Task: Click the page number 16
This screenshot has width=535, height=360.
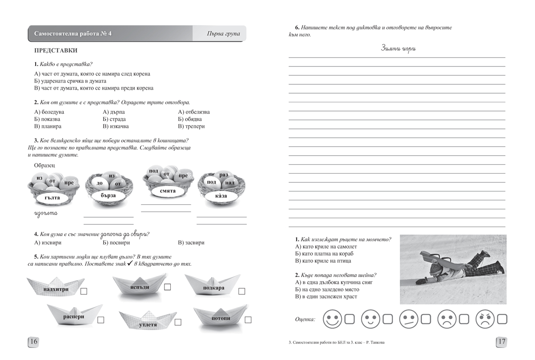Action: [34, 342]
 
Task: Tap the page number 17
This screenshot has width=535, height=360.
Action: [502, 342]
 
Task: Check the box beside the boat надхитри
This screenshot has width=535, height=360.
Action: [84, 291]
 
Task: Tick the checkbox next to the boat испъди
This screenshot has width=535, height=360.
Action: [168, 287]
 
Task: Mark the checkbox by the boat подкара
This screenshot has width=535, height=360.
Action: [242, 291]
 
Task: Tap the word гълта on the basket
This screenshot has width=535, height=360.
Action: [52, 197]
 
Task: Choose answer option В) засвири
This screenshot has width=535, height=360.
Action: [191, 243]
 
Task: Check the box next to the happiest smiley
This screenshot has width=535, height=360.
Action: [350, 319]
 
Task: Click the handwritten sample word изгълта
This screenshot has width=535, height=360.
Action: [45, 213]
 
